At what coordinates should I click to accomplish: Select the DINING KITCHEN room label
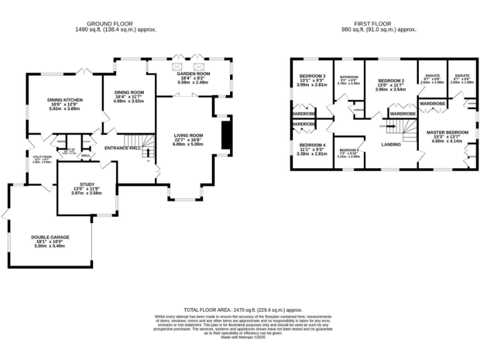coord(65,100)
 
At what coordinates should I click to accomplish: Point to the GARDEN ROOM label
coord(193,74)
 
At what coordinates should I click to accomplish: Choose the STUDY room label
coord(86,184)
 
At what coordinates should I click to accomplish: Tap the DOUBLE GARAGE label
coord(50,237)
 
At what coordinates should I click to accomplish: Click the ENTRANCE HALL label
coord(121,148)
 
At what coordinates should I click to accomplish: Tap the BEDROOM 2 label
coord(391,81)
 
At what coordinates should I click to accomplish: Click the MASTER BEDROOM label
coord(447,132)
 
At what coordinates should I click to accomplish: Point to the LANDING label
coord(391,145)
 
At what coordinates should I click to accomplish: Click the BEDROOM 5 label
coord(349,150)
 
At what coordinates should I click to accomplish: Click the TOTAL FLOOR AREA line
coord(242,309)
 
